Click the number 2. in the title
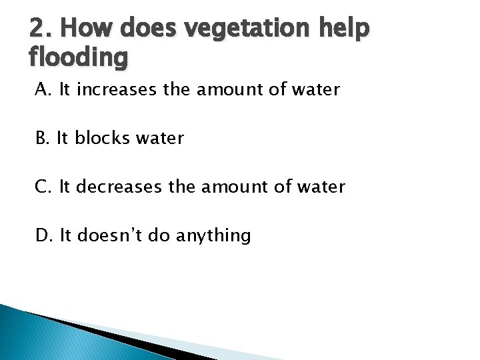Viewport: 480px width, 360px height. click(39, 29)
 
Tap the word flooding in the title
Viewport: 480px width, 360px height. click(78, 59)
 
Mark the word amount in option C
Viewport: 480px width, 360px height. click(227, 187)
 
